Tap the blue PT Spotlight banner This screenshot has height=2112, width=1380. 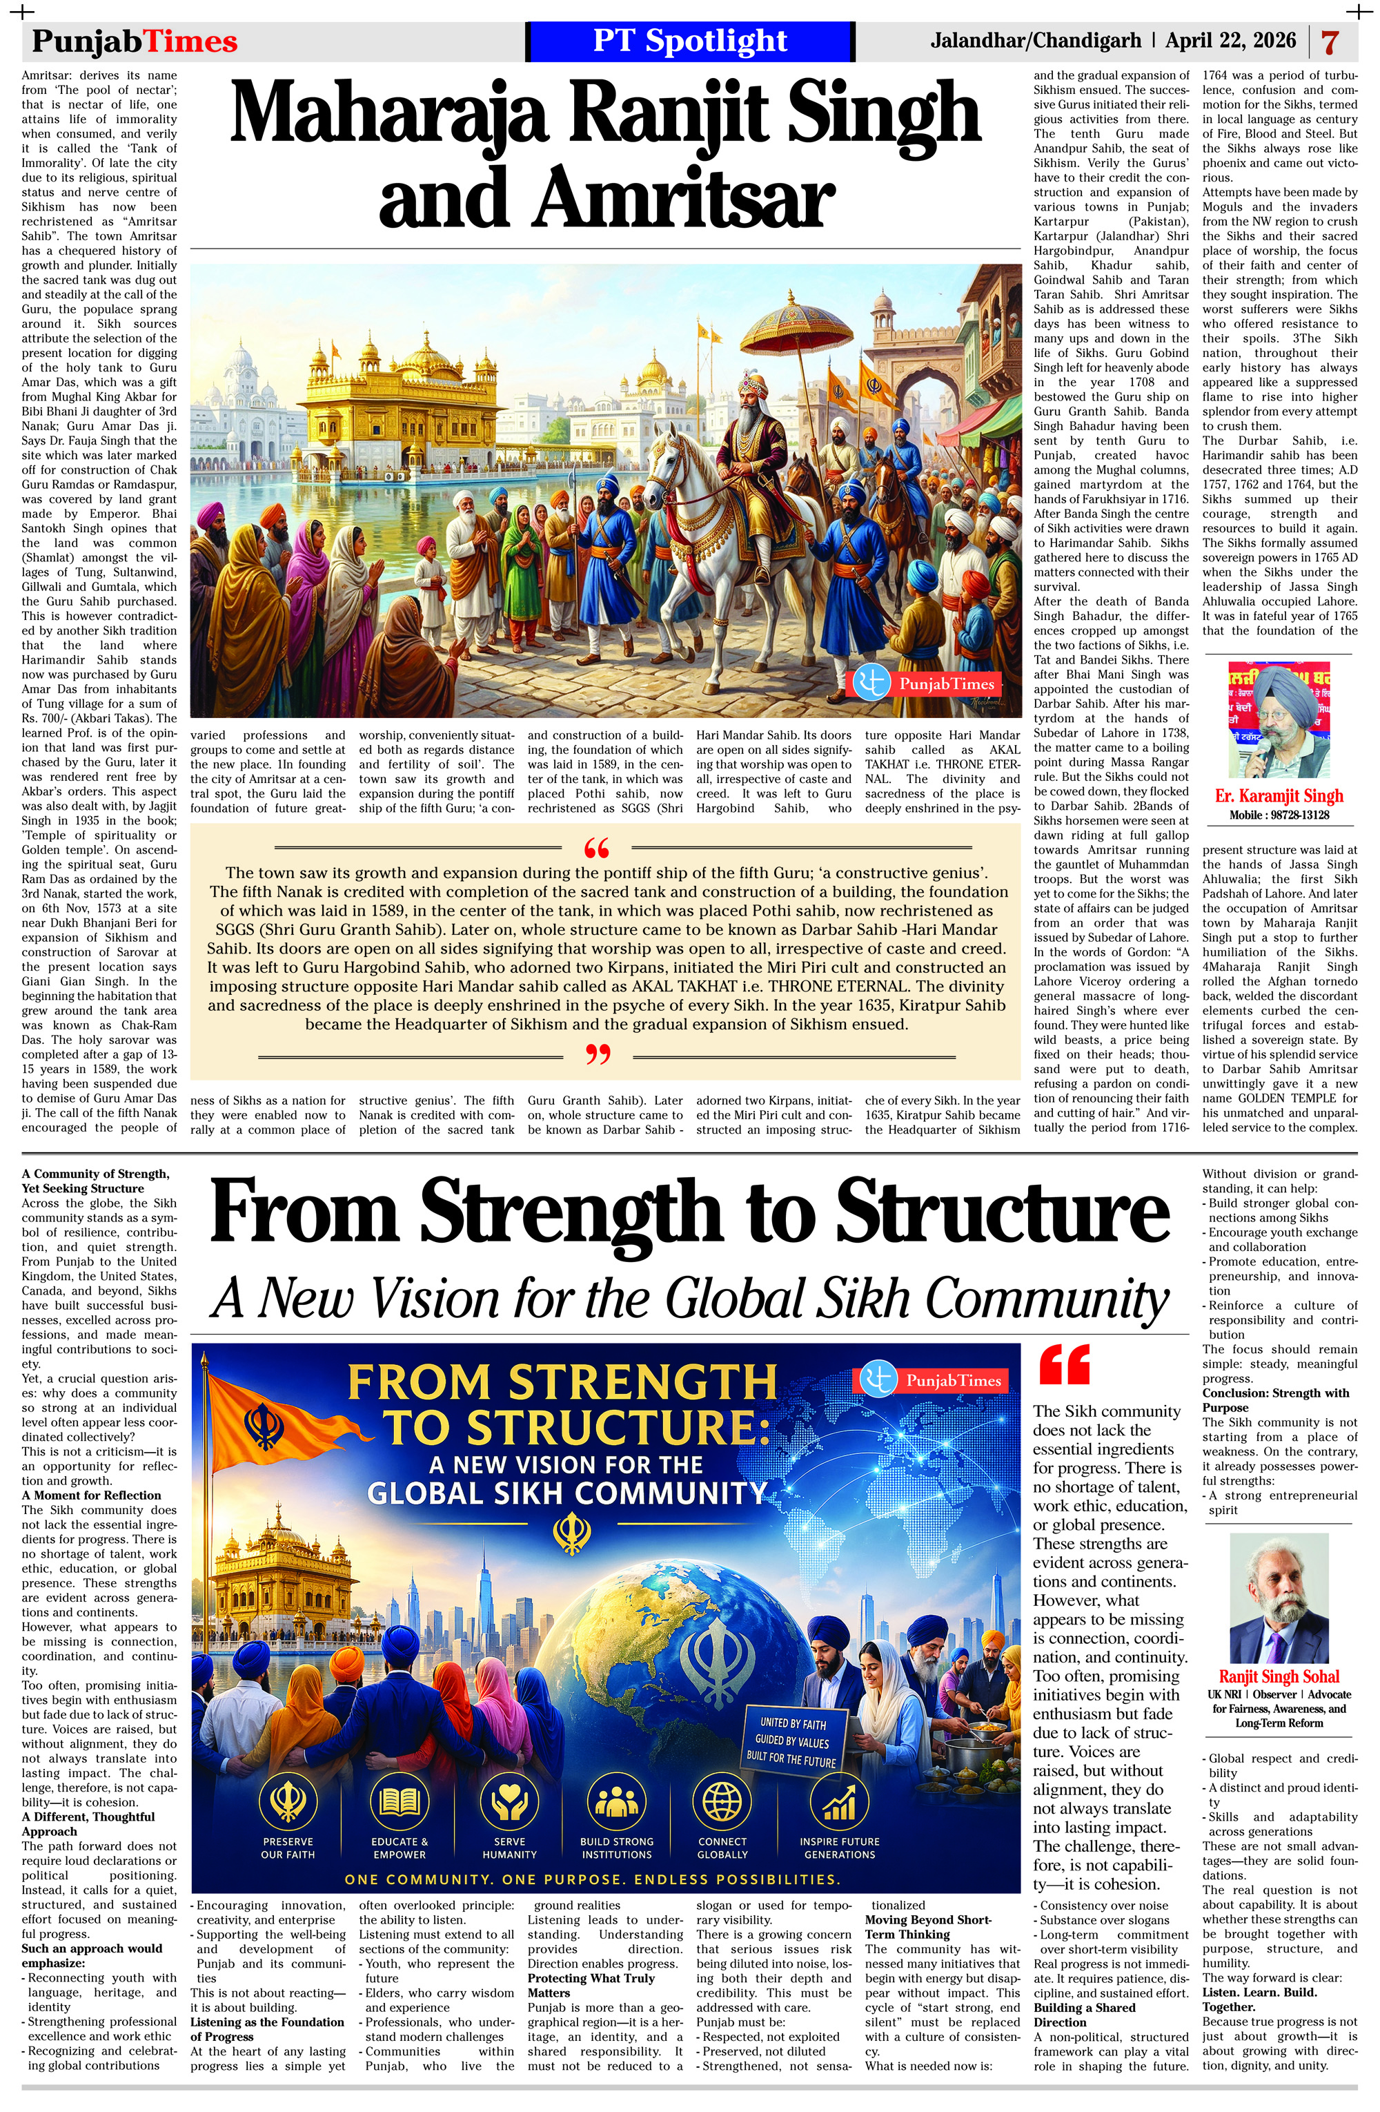coord(689,41)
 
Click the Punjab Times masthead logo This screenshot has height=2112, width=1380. coord(135,41)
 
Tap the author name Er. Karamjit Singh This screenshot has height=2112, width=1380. coord(1279,796)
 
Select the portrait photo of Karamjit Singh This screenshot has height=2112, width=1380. coord(1279,719)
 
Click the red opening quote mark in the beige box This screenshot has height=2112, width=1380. coord(597,849)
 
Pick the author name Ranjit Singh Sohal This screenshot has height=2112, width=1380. coord(1279,1676)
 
